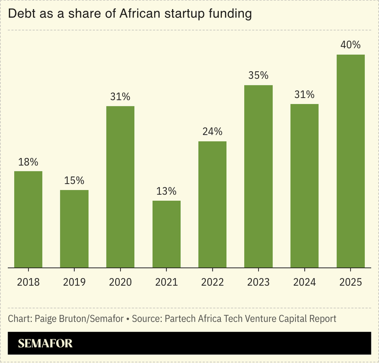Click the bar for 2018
(x=28, y=219)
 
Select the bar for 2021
(x=166, y=234)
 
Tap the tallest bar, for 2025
(x=350, y=161)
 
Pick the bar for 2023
(x=258, y=176)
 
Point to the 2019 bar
(x=74, y=229)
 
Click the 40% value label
(x=350, y=45)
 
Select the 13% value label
(x=166, y=191)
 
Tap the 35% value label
(x=258, y=75)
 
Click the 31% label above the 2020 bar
(x=120, y=96)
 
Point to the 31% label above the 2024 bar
(x=304, y=94)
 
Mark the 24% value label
(x=213, y=132)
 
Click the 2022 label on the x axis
(x=213, y=282)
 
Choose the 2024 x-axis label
(x=304, y=282)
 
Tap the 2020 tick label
(x=120, y=282)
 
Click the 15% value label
(x=74, y=180)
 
